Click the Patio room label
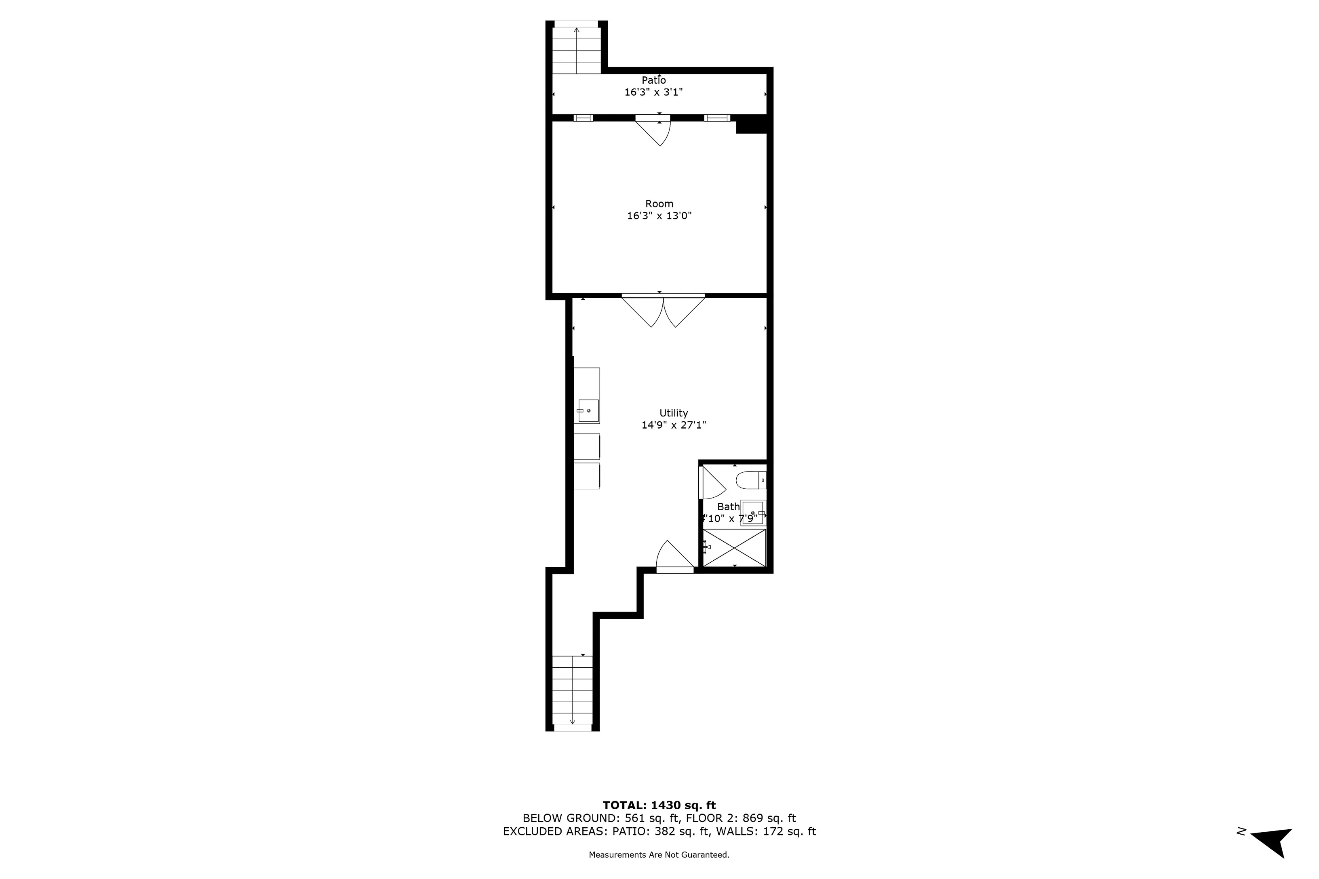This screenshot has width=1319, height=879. pos(653,80)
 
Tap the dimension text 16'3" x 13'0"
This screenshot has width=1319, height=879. pos(659,216)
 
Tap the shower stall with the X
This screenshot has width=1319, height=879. pos(735,548)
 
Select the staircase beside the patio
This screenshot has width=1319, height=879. pos(577,50)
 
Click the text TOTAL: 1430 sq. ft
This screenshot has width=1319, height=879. pos(659,805)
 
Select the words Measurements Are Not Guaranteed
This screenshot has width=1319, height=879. pos(659,855)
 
